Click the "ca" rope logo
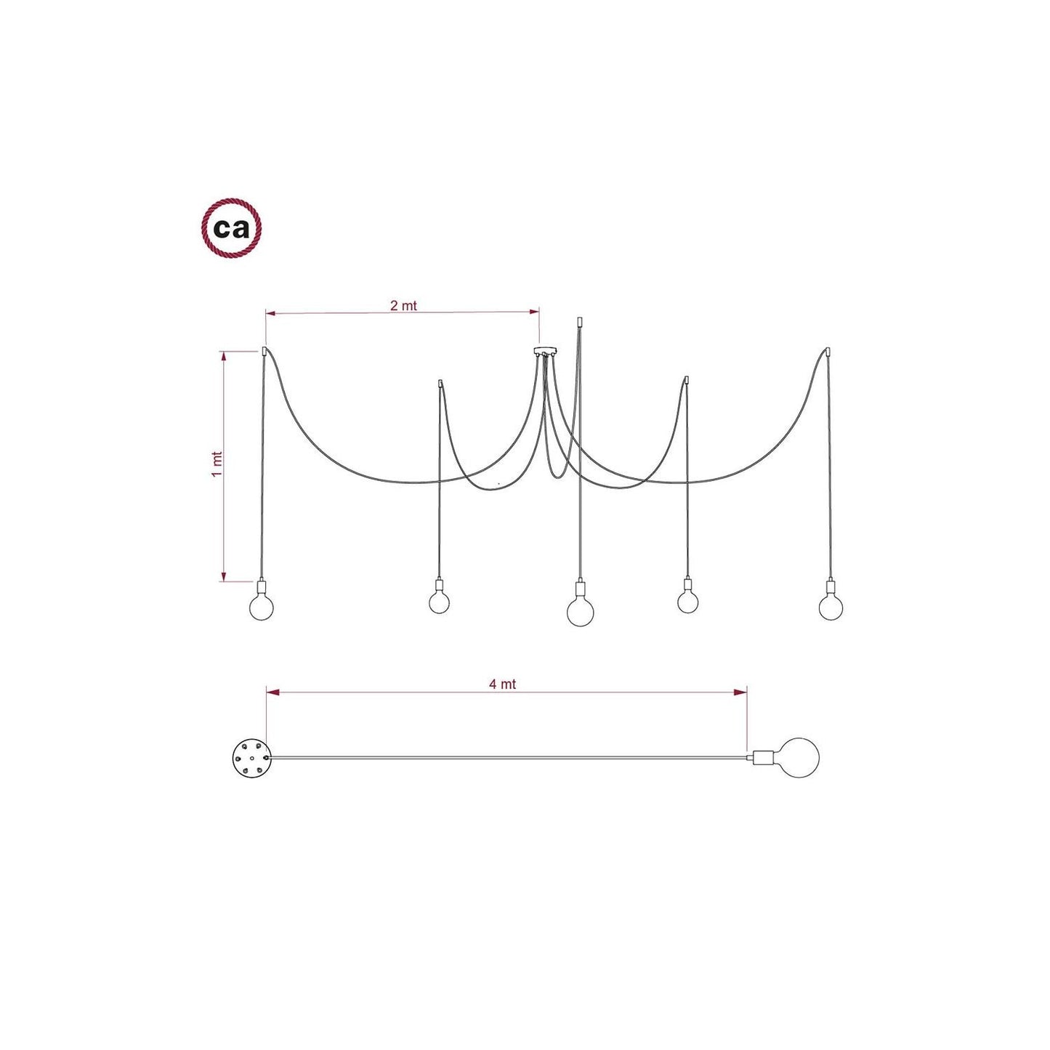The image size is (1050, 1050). [x=231, y=228]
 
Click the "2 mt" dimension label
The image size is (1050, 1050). [x=404, y=306]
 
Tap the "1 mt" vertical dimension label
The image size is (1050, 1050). [x=217, y=464]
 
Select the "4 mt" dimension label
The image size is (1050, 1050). [x=502, y=685]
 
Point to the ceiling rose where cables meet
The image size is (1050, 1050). [x=544, y=352]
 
